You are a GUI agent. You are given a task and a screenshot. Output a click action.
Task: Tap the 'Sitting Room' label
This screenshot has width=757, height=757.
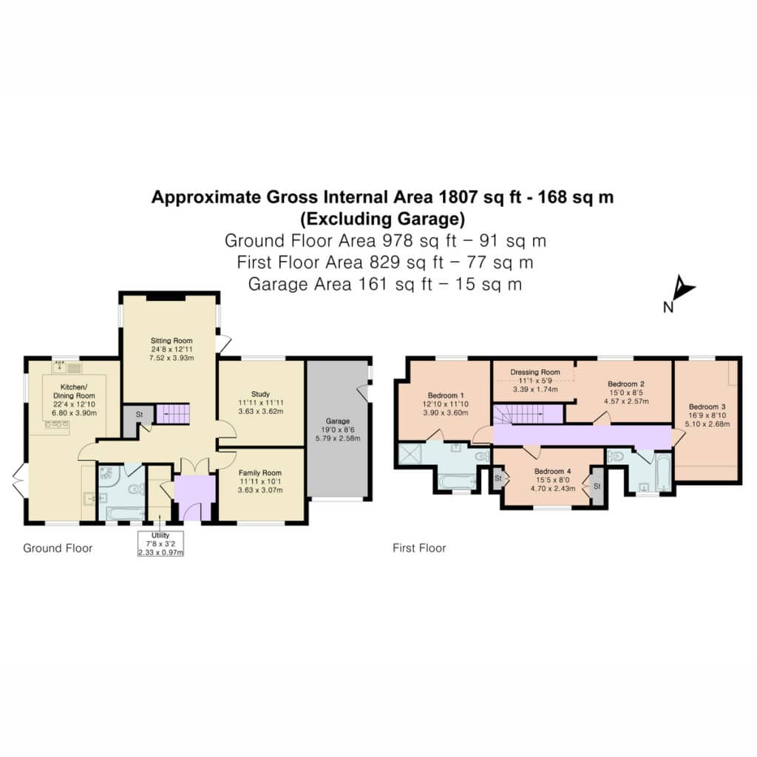pyautogui.click(x=172, y=340)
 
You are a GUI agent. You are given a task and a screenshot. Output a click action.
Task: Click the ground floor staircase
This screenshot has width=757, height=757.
pyautogui.click(x=173, y=414)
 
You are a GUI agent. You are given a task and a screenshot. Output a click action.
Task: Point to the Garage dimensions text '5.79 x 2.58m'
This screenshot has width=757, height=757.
pyautogui.click(x=337, y=438)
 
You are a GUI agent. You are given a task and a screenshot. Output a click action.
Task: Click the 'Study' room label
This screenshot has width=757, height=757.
pyautogui.click(x=261, y=394)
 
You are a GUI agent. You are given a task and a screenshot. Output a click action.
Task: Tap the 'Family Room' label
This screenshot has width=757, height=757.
pyautogui.click(x=259, y=472)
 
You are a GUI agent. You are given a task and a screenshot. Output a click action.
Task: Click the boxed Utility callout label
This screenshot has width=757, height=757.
pyautogui.click(x=160, y=543)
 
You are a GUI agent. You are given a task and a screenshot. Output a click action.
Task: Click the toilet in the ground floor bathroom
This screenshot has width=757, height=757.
pyautogui.click(x=137, y=489)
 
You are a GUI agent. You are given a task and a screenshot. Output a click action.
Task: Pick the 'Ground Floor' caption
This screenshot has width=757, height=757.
pyautogui.click(x=58, y=548)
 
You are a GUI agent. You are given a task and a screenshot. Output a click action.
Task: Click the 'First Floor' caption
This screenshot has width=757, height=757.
pyautogui.click(x=419, y=548)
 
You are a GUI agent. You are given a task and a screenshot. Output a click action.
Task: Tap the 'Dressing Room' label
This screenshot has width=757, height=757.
pyautogui.click(x=535, y=373)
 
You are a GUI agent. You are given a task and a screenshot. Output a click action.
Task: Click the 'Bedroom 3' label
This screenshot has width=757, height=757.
pyautogui.click(x=707, y=407)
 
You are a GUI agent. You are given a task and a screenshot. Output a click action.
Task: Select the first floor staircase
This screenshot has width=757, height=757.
pyautogui.click(x=528, y=415)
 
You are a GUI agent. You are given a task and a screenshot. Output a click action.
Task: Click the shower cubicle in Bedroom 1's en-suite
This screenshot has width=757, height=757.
pyautogui.click(x=410, y=454)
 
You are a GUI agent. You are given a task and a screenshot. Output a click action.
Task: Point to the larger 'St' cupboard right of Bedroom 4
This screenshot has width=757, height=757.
pyautogui.click(x=597, y=486)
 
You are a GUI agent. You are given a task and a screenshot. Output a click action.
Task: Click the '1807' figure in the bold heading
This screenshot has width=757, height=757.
pyautogui.click(x=458, y=197)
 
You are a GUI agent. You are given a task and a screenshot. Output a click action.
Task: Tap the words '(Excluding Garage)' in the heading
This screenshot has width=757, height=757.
pyautogui.click(x=383, y=219)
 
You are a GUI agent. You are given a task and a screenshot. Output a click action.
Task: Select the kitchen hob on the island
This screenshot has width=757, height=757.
pyautogui.click(x=56, y=425)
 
